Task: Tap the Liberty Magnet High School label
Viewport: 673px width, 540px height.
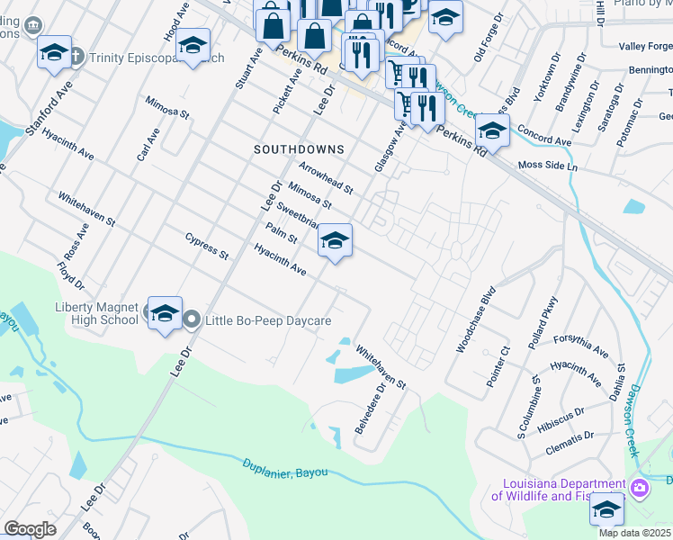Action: pyautogui.click(x=96, y=314)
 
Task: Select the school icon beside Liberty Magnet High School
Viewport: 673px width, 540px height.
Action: pyautogui.click(x=165, y=313)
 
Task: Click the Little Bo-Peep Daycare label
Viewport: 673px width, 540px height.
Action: pyautogui.click(x=269, y=320)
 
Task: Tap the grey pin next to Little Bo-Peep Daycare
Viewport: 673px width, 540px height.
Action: pyautogui.click(x=192, y=319)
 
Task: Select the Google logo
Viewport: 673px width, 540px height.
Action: pyautogui.click(x=30, y=529)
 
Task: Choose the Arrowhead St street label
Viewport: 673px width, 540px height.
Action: pyautogui.click(x=326, y=176)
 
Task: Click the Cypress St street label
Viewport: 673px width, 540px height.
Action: pyautogui.click(x=207, y=246)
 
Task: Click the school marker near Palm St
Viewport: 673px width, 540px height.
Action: pyautogui.click(x=335, y=240)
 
